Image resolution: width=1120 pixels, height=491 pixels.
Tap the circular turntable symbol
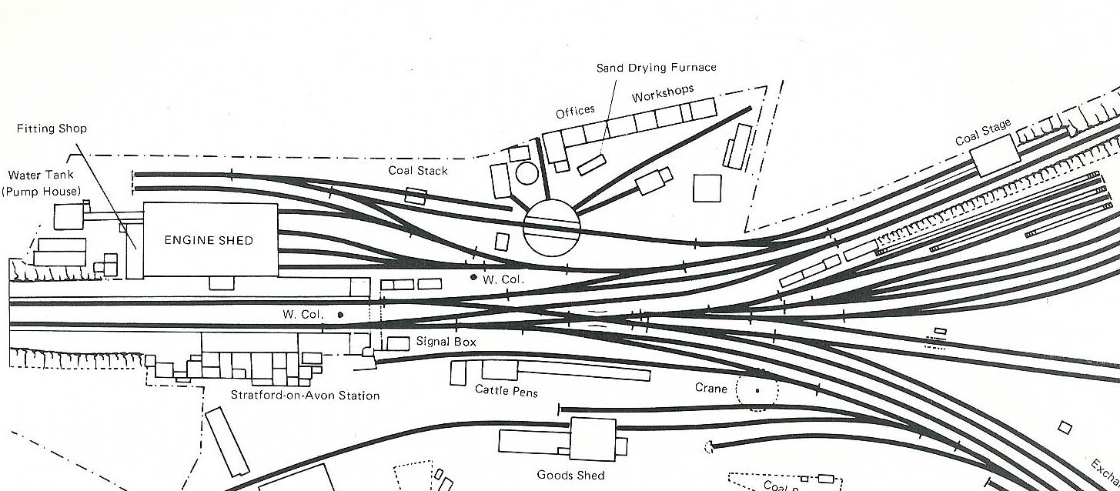[x=551, y=227]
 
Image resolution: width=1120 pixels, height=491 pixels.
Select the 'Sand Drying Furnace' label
[x=656, y=68]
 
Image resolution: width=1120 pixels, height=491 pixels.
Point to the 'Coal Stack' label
[x=418, y=170]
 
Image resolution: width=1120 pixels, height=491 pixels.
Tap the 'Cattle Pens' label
[x=506, y=391]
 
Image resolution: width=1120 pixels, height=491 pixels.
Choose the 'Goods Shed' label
[x=570, y=475]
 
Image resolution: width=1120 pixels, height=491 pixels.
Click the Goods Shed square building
[x=593, y=439]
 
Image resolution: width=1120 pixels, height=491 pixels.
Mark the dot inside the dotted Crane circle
[x=757, y=391]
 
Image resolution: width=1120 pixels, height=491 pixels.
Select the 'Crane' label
[x=710, y=389]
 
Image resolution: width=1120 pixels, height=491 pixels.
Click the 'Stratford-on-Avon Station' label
[x=305, y=396]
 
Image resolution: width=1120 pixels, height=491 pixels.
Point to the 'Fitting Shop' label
[x=52, y=129]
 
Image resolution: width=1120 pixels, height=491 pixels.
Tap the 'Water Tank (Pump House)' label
[x=42, y=183]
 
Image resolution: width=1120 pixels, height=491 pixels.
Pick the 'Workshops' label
[x=662, y=93]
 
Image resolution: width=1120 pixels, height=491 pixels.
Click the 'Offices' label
[x=575, y=112]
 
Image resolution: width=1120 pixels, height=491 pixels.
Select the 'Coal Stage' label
[x=983, y=132]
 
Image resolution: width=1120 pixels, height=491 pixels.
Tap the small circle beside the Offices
[x=527, y=173]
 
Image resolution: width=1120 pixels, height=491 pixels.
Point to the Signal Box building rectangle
[x=398, y=343]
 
